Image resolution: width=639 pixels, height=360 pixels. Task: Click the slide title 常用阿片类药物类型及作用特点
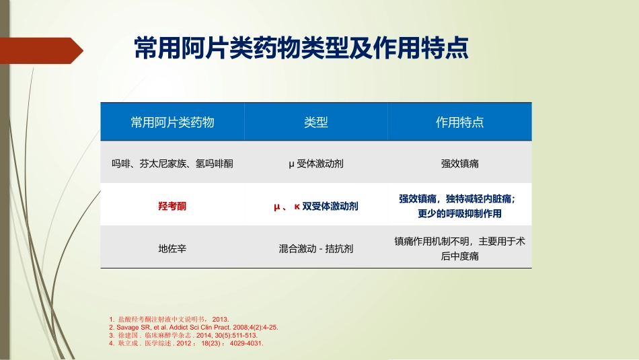coord(301,49)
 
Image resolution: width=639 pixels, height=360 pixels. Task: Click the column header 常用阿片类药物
coord(172,122)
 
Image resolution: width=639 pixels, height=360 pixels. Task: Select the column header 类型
coord(315,122)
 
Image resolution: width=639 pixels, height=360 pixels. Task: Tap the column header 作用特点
coord(459,122)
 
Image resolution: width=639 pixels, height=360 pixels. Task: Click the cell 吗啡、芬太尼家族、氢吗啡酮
coord(172,163)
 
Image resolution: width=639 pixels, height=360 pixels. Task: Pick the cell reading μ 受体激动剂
coord(315,163)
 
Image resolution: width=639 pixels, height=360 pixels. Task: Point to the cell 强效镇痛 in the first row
coord(459,163)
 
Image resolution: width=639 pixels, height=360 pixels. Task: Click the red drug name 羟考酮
coord(172,207)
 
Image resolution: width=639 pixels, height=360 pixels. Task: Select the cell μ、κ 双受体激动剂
coord(315,207)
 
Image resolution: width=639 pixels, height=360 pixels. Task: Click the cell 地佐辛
coord(172,248)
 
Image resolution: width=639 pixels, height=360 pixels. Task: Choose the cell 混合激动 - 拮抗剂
coord(315,248)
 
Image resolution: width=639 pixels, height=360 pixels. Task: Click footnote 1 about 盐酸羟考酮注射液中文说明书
coord(169,319)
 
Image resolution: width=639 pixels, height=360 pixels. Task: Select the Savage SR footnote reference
coord(193,327)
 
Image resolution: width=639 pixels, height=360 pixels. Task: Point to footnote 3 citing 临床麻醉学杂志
coord(183,334)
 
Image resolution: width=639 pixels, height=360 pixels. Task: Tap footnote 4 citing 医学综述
coord(186,343)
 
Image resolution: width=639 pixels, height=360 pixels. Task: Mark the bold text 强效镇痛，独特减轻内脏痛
coord(459,199)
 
